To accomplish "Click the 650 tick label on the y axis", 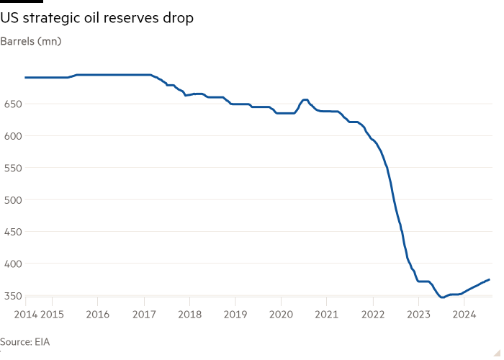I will click(12, 104).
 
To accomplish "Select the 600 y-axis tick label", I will click(12, 136).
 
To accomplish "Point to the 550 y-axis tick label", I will click(12, 168).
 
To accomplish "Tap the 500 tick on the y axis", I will click(12, 199).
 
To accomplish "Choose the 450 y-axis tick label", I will click(12, 232).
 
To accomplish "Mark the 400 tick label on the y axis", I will click(12, 264).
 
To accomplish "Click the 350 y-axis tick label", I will click(12, 295).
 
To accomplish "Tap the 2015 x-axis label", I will click(51, 314).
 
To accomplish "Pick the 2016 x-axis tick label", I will click(97, 314).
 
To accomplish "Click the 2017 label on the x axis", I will click(143, 314).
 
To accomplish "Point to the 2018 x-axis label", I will click(189, 314).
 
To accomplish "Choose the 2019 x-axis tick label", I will click(235, 314).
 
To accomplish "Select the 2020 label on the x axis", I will click(281, 314).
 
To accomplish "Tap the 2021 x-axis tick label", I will click(327, 314).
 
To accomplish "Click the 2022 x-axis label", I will click(373, 314).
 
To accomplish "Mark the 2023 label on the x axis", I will click(419, 314).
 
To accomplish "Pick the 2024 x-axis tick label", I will click(465, 314).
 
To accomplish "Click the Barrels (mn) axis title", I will click(31, 41).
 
